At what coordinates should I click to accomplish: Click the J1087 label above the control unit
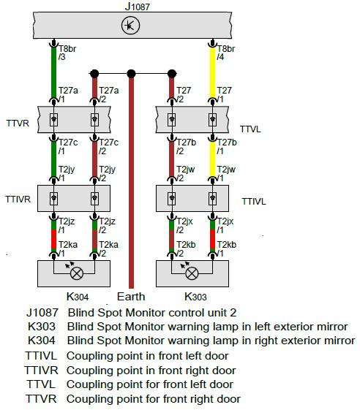[x=137, y=6]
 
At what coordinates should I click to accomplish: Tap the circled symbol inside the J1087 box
[x=130, y=26]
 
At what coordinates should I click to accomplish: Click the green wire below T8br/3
[x=53, y=72]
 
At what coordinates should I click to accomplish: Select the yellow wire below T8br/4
[x=213, y=72]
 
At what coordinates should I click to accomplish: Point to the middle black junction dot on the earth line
[x=131, y=74]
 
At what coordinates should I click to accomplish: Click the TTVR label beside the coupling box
[x=18, y=124]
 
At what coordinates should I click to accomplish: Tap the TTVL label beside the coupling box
[x=250, y=129]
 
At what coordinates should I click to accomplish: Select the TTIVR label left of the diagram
[x=18, y=200]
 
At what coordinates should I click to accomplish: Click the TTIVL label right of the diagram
[x=254, y=202]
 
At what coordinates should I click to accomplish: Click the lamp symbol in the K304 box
[x=77, y=273]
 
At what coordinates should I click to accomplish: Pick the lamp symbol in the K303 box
[x=192, y=273]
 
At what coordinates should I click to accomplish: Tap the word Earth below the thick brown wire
[x=131, y=297]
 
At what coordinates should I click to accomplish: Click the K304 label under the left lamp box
[x=78, y=297]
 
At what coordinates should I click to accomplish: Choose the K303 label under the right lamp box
[x=195, y=297]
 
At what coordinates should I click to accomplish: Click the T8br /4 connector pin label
[x=225, y=53]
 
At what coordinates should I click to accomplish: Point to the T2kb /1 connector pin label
[x=227, y=249]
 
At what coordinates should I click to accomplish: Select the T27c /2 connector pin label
[x=108, y=146]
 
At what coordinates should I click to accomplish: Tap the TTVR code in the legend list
[x=41, y=399]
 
